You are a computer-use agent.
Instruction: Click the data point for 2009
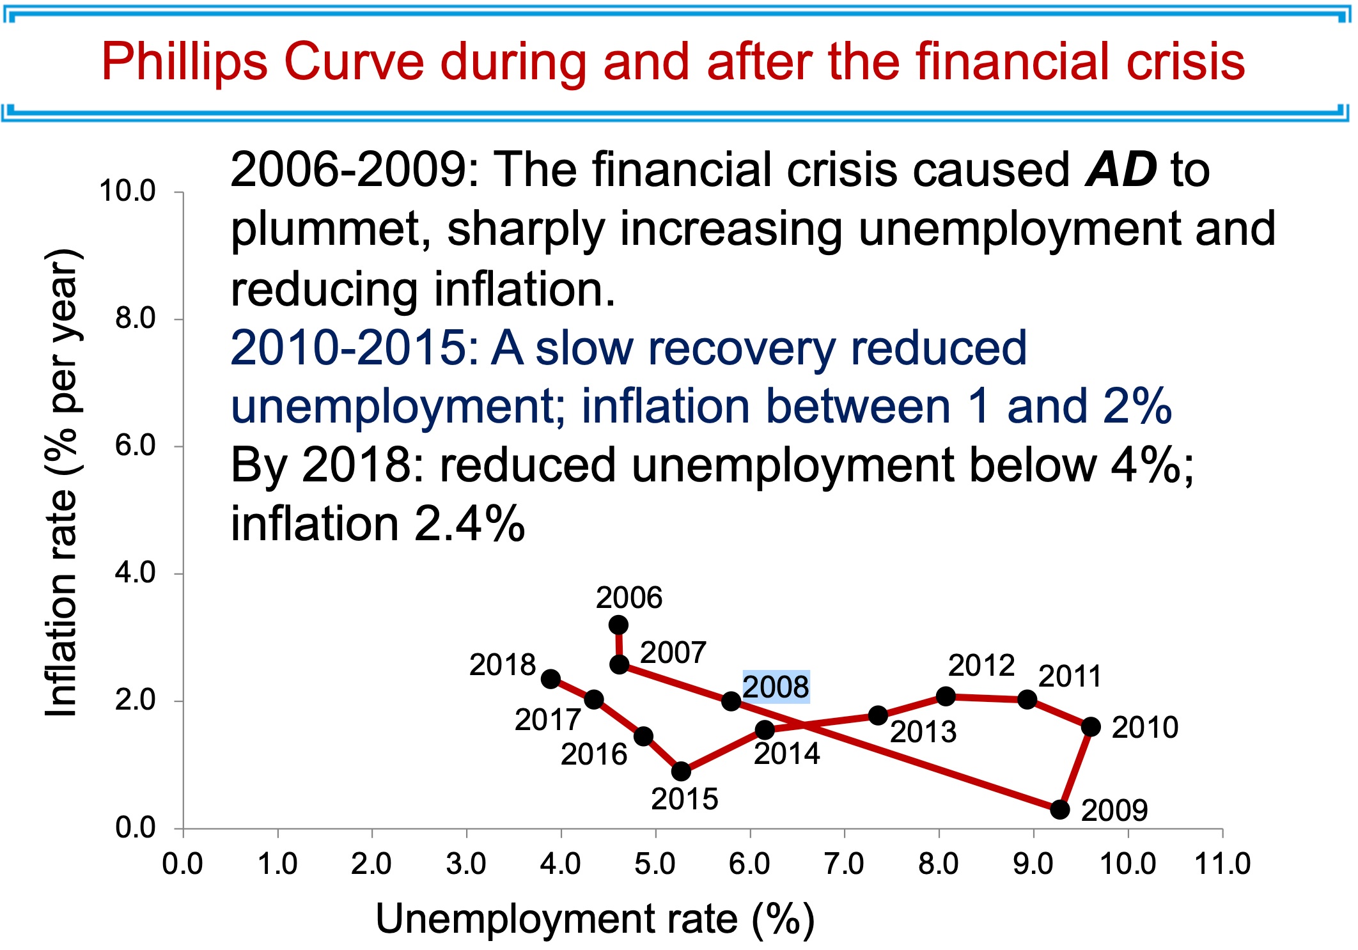1060,809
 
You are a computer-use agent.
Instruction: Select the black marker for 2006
618,625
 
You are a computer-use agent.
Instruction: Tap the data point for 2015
682,772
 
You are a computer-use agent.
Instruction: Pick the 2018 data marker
550,679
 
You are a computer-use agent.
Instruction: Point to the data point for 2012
946,696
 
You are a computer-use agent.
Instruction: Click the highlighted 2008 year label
776,687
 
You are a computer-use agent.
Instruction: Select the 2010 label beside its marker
1144,728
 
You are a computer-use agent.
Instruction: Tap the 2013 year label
923,732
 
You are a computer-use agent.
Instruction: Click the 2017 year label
547,720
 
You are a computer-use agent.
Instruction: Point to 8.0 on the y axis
136,318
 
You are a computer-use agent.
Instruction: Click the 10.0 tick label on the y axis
128,191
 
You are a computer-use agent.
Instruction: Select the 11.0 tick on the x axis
1222,864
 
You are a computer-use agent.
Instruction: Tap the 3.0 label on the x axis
466,864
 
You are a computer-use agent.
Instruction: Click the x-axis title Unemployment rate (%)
595,919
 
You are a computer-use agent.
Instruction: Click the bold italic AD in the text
1121,170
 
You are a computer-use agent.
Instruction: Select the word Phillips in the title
184,62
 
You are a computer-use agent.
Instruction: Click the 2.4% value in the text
469,524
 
